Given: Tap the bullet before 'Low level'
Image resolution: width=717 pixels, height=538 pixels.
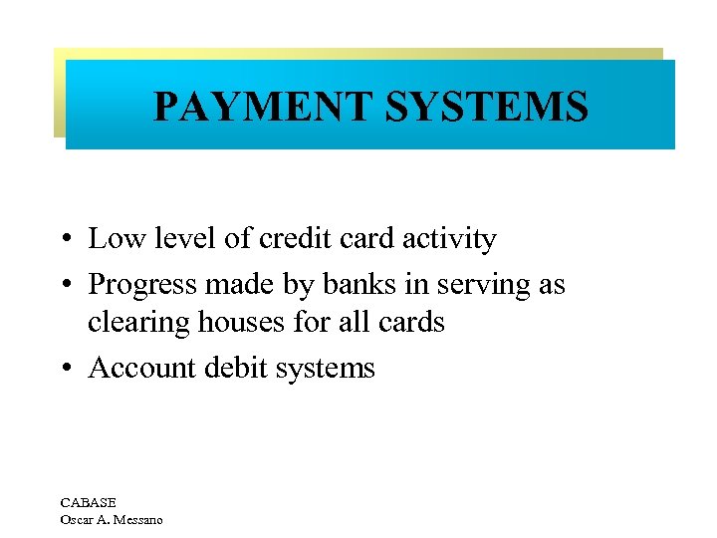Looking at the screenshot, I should (x=63, y=240).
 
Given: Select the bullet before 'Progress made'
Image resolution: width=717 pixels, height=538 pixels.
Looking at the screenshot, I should (x=63, y=286).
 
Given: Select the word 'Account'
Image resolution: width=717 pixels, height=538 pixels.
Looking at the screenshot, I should (x=142, y=368).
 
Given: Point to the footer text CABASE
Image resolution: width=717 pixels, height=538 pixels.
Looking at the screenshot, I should (x=88, y=503).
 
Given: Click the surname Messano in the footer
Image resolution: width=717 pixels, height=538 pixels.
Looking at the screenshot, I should (x=137, y=519).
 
